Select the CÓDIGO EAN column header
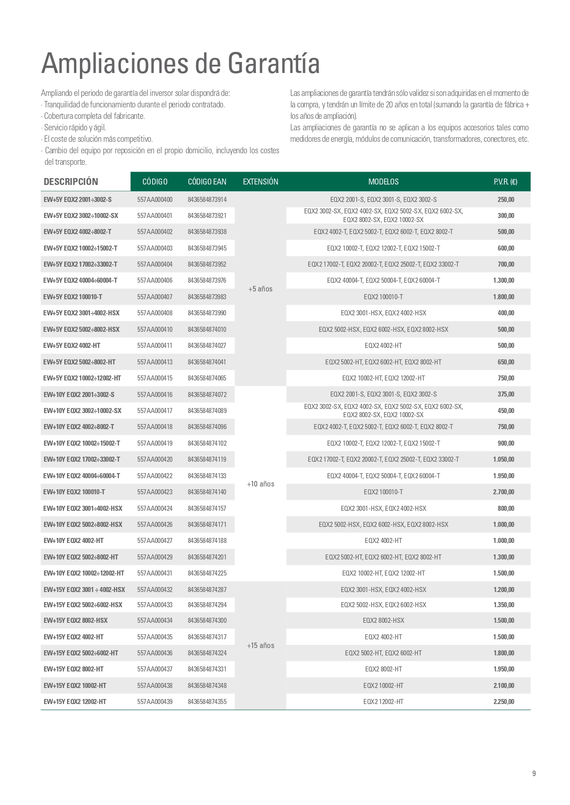tap(207, 182)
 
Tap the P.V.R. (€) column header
tap(505, 182)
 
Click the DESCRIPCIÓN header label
tap(71, 182)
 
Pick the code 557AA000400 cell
tap(155, 200)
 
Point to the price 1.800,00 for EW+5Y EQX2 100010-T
tap(503, 297)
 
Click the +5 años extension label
tap(260, 289)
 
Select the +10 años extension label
tap(260, 484)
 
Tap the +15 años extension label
tap(260, 646)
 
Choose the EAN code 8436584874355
tap(207, 702)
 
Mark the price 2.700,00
tap(503, 492)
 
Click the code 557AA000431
tap(155, 573)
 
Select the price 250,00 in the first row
tap(506, 200)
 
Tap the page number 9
tap(534, 774)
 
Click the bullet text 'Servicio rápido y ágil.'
tap(75, 128)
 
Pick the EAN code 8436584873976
tap(207, 280)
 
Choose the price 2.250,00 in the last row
tap(503, 702)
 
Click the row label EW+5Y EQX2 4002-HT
tap(72, 346)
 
